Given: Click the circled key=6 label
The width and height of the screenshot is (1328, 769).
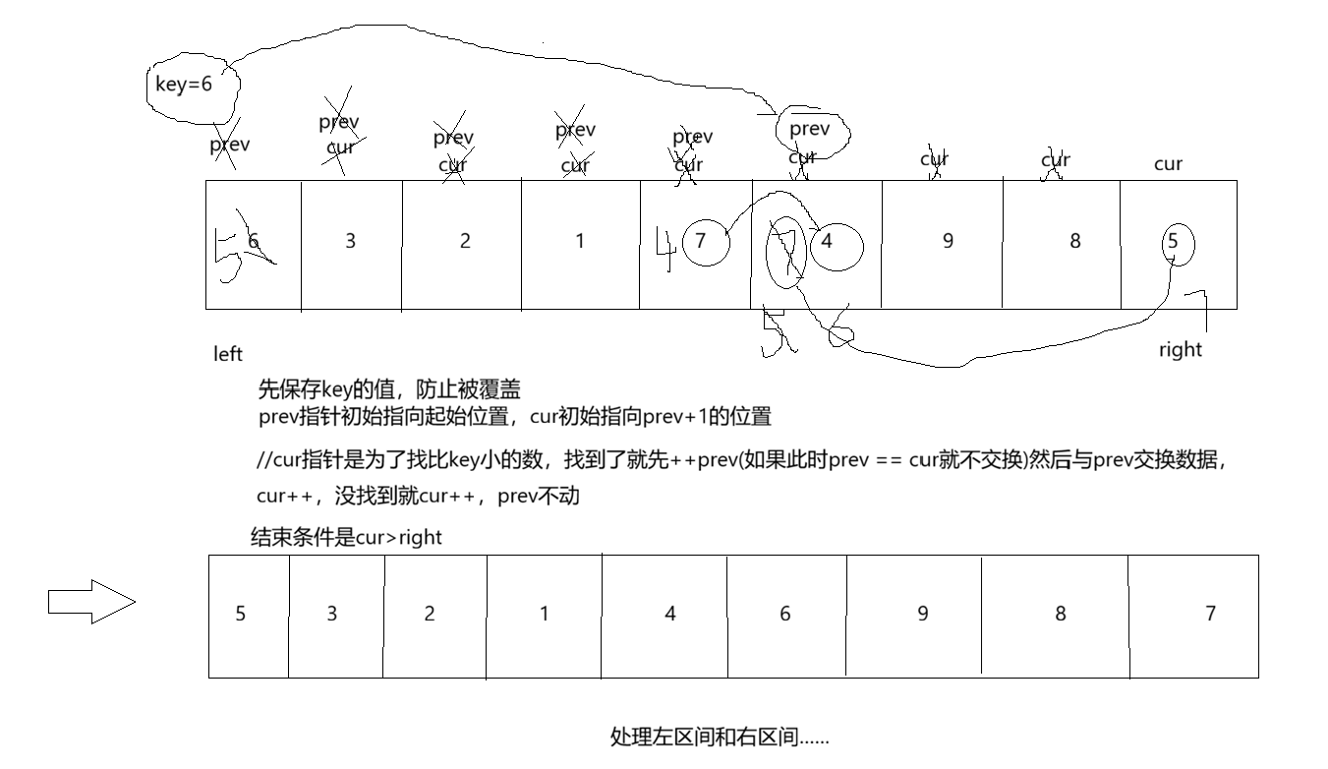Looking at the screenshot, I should tap(184, 85).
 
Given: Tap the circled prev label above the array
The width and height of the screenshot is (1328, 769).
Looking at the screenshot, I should tap(810, 129).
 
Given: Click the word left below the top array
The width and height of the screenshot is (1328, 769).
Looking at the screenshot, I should tap(228, 354).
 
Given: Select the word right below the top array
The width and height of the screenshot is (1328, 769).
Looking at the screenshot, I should tap(1181, 349).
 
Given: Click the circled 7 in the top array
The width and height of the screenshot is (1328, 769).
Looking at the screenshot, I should tap(701, 241).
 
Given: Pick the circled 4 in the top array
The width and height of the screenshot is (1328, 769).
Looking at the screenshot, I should tap(828, 241).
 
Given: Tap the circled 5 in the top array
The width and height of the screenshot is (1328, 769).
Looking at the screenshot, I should tap(1173, 241).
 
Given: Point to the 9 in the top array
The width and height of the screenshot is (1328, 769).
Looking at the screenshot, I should tap(948, 241).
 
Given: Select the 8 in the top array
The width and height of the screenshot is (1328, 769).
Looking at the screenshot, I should tap(1075, 241).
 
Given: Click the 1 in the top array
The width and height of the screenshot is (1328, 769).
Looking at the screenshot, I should tap(580, 241).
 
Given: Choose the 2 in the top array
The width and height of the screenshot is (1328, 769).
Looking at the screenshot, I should tap(465, 241).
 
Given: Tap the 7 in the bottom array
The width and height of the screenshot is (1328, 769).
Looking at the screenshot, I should tap(1211, 614).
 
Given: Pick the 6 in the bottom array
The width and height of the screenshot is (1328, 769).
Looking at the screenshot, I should tap(785, 614).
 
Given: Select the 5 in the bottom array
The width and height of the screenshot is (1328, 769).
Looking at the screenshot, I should tap(241, 614).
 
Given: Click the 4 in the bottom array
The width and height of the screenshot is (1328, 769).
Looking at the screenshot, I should tap(670, 614).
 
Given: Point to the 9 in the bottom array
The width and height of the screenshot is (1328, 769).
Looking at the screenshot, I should tap(923, 614).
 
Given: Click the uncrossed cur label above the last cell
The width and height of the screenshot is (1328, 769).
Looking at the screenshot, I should tap(1168, 164).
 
